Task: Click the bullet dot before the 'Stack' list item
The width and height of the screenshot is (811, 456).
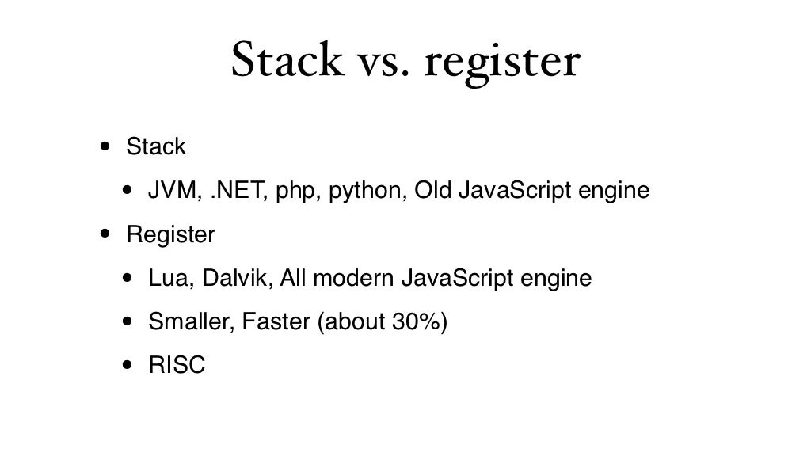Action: (x=105, y=147)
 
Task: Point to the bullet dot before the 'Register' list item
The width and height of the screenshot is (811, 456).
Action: (x=105, y=235)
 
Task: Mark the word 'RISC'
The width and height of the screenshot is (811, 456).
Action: (x=177, y=366)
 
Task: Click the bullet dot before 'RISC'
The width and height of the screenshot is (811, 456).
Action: (x=128, y=367)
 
